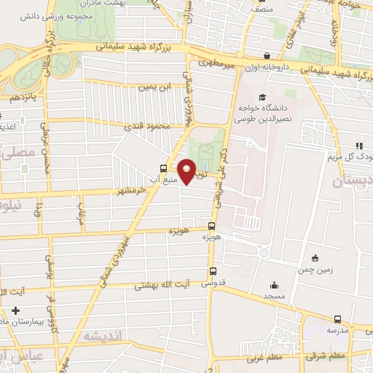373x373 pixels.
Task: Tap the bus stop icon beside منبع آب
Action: coord(162,165)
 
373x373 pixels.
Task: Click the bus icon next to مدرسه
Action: coord(337,319)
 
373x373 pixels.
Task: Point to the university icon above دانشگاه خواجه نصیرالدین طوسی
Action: coord(262,97)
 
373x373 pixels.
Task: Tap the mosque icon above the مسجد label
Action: coord(274,286)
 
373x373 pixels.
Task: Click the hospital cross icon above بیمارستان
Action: coord(15,311)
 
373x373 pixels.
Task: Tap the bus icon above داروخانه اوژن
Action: coord(267,55)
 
